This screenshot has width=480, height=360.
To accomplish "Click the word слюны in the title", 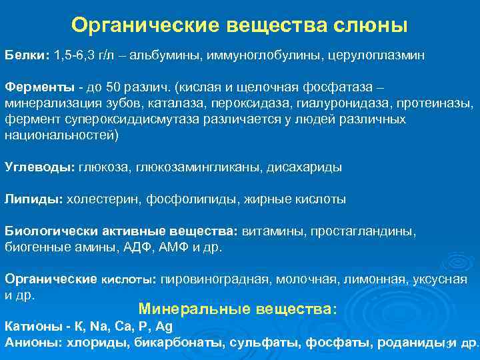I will pyautogui.click(x=375, y=25).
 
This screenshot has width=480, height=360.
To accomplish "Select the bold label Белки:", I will pyautogui.click(x=27, y=53).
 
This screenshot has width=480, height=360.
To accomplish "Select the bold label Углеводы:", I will pyautogui.click(x=40, y=167).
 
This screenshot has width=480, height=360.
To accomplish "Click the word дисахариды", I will pyautogui.click(x=304, y=167).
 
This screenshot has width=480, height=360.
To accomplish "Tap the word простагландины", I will pyautogui.click(x=363, y=231).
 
